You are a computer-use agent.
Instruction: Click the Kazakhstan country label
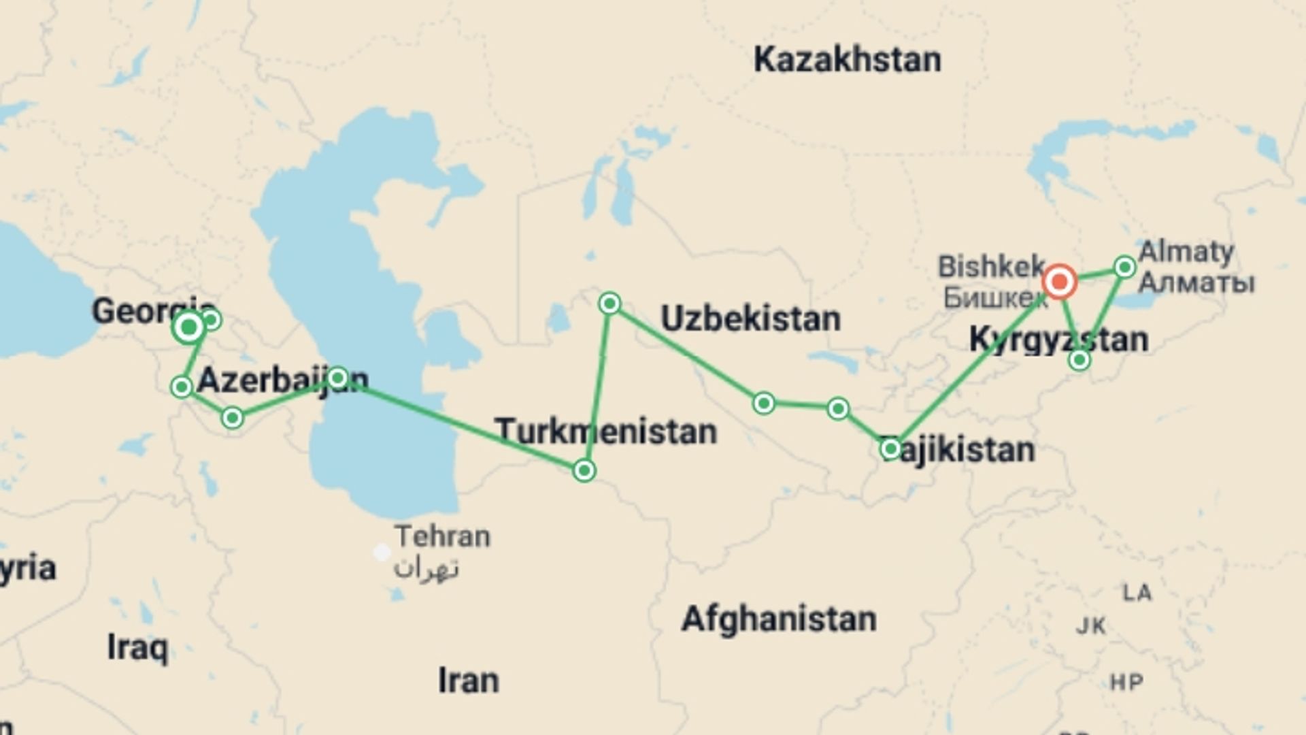click(847, 60)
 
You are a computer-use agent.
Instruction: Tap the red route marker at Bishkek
click(1059, 281)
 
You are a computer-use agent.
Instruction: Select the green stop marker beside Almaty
click(1124, 267)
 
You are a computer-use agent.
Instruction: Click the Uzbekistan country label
click(750, 318)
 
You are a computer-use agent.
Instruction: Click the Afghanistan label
click(779, 619)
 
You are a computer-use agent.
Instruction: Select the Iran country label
click(468, 680)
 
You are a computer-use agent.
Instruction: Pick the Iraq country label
click(137, 647)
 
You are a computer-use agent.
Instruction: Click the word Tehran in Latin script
click(442, 536)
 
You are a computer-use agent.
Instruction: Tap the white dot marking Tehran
click(382, 552)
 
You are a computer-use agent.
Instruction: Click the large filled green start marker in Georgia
click(188, 328)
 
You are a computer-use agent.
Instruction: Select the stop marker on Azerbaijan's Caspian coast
click(337, 377)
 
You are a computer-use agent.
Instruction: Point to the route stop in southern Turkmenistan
click(584, 470)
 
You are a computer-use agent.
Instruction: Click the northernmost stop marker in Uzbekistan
click(609, 303)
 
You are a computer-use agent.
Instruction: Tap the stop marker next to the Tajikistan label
click(890, 448)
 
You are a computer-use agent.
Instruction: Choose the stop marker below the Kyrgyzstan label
click(1079, 359)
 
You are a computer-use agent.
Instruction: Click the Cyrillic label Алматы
click(1196, 282)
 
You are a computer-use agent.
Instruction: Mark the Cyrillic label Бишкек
click(994, 297)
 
